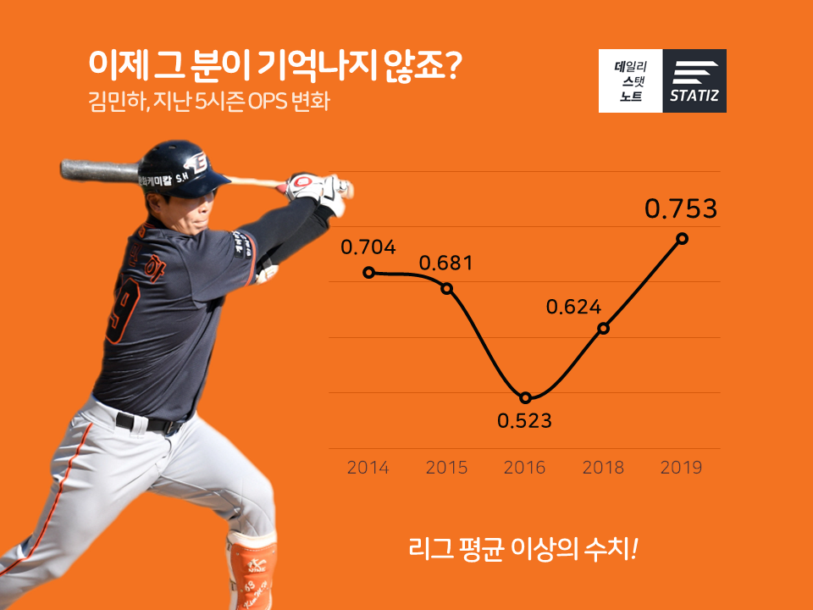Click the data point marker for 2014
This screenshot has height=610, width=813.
point(368,272)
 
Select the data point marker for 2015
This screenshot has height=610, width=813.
point(447,288)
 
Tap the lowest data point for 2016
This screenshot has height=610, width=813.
point(525,398)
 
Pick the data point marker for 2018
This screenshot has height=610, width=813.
point(603,329)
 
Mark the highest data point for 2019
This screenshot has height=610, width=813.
point(683,239)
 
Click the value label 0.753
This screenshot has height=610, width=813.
point(681,208)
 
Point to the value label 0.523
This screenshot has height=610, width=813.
point(524,421)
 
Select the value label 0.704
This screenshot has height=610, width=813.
point(368,247)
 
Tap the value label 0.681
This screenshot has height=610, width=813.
point(446,263)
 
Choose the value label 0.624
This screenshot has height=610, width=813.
point(573,307)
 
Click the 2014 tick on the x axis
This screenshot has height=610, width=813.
point(368,468)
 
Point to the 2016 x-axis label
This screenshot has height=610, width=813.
point(525,468)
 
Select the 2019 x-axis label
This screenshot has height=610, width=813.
point(681,468)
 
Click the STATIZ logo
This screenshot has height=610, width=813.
point(694,81)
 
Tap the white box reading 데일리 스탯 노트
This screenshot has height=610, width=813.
point(630,81)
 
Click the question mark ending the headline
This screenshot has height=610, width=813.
point(454,64)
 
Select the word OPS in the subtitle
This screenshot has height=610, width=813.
point(268,101)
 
